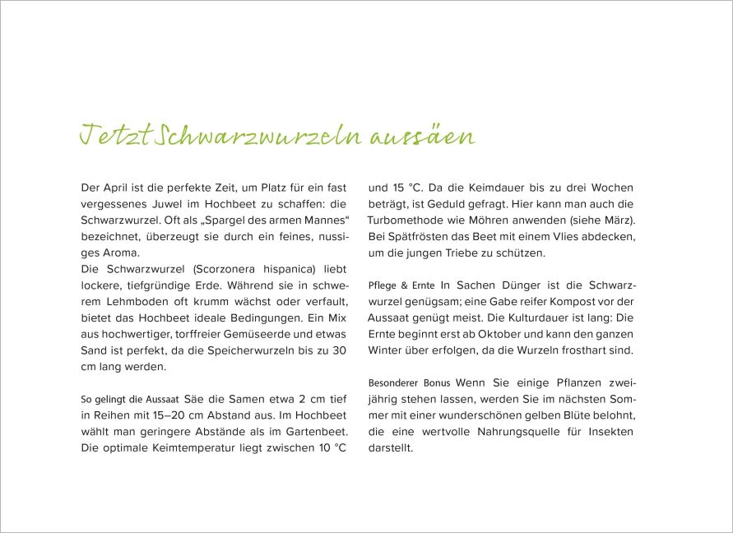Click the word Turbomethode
click(x=408, y=220)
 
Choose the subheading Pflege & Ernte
click(x=401, y=285)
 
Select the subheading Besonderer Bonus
click(x=408, y=383)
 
